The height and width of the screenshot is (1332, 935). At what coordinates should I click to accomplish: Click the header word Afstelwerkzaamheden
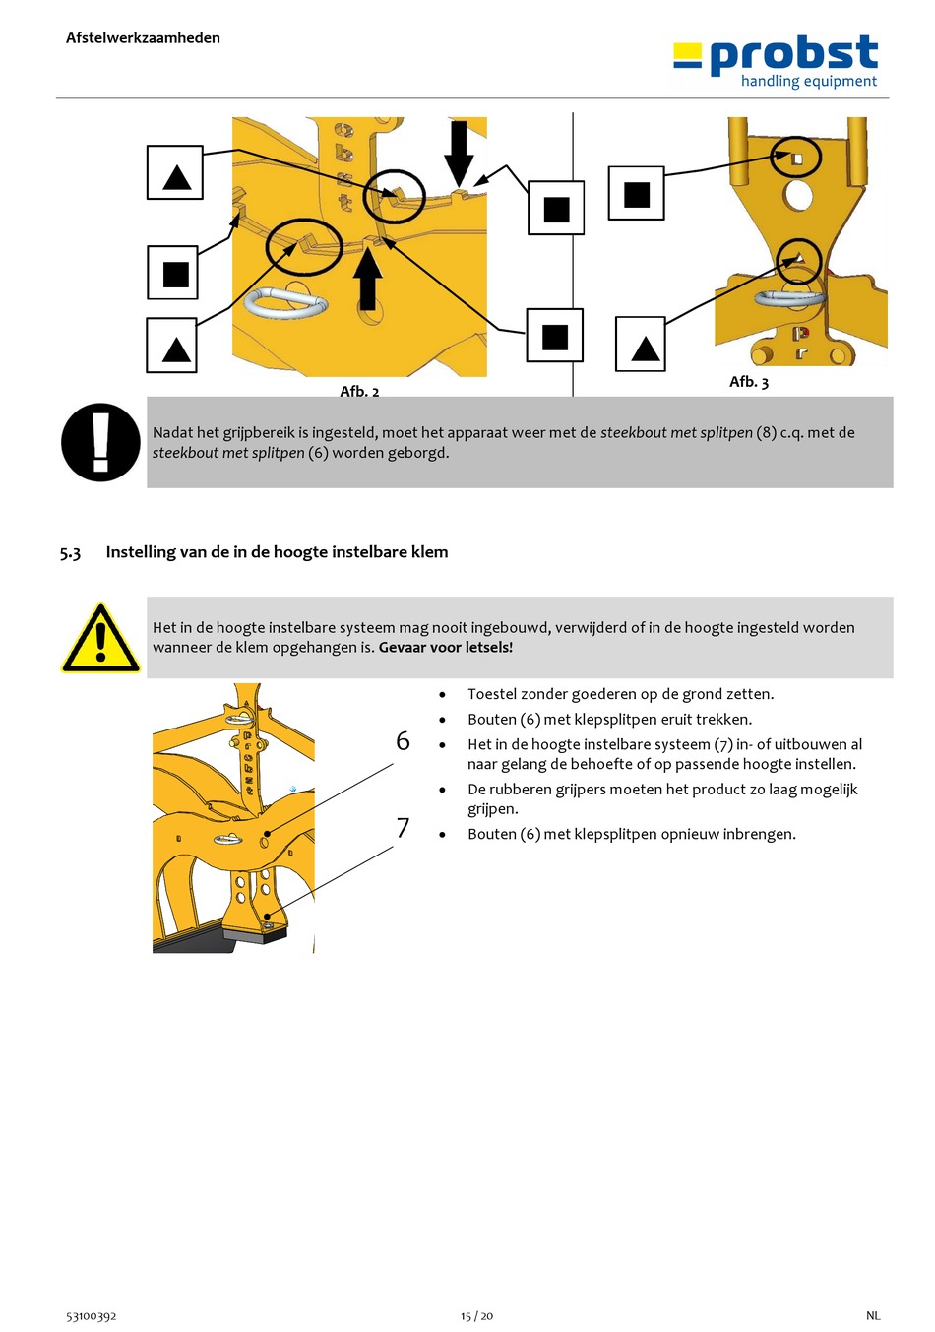[x=143, y=38]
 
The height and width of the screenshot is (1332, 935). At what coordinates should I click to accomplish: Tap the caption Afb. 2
[x=359, y=391]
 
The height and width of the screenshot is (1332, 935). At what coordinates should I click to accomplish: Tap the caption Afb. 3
[x=748, y=382]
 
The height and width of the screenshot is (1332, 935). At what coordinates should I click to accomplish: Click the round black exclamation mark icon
[x=100, y=442]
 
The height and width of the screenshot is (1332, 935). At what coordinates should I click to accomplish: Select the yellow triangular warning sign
[x=100, y=638]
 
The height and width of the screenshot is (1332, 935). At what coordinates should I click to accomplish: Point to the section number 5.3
[x=70, y=552]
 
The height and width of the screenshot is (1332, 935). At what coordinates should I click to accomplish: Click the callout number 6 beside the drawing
[x=403, y=741]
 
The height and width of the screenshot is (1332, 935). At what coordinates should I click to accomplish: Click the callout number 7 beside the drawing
[x=403, y=827]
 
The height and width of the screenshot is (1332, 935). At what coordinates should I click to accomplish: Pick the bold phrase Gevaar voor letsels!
[x=445, y=647]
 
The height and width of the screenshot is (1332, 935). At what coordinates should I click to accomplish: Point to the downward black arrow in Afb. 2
[x=459, y=154]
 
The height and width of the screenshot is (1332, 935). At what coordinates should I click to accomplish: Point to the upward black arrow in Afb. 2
[x=368, y=279]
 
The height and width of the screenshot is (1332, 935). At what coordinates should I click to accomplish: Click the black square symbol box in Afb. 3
[x=636, y=193]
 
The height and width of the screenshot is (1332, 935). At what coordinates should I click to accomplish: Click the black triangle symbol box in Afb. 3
[x=640, y=344]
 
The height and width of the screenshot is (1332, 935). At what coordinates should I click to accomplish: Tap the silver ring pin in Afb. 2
[x=284, y=302]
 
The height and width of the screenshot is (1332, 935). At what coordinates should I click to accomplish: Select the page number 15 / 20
[x=476, y=1316]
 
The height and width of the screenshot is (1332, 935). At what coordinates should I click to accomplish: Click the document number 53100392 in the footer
[x=91, y=1316]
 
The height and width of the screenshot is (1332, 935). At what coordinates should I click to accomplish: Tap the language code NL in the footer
[x=873, y=1316]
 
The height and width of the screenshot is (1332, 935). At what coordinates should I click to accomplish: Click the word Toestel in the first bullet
[x=490, y=694]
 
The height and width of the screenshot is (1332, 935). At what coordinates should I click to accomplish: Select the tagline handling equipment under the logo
[x=808, y=81]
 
